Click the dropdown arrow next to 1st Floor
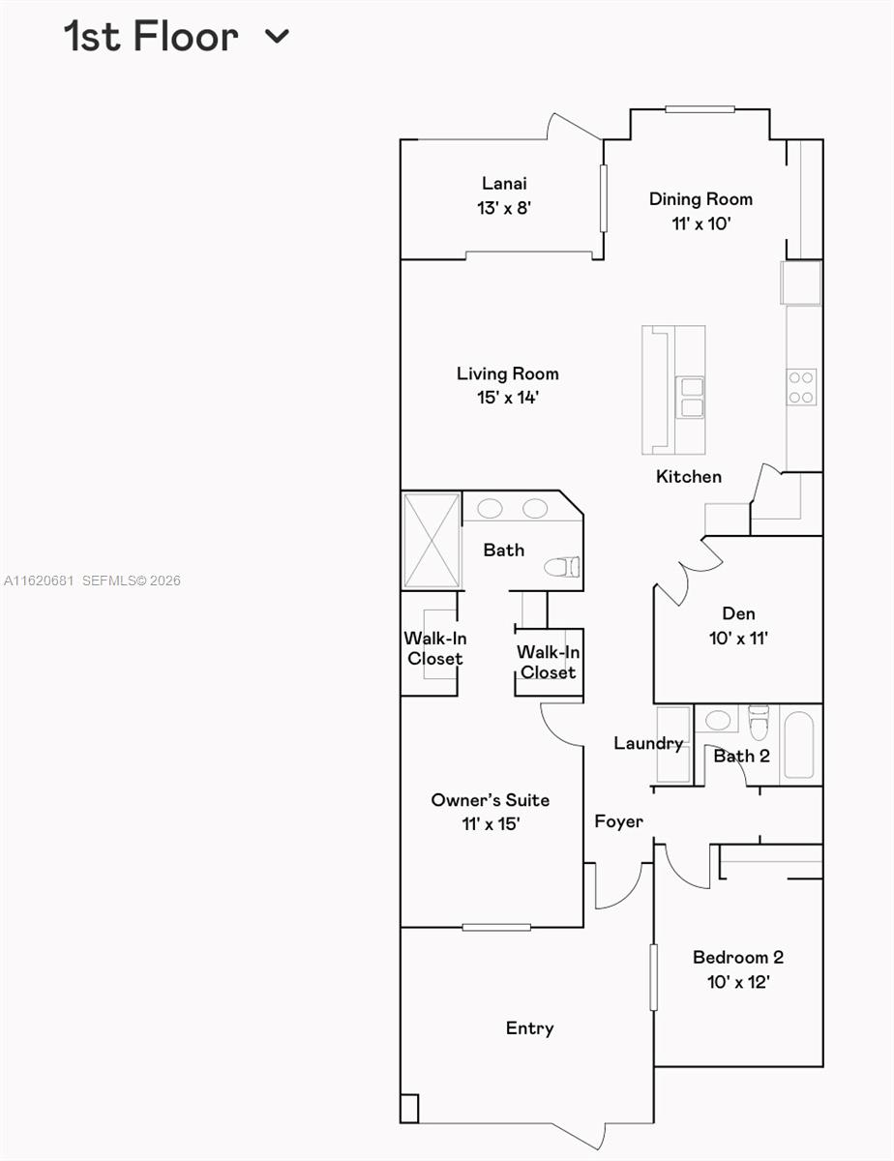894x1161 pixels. click(277, 37)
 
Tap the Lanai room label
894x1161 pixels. click(504, 183)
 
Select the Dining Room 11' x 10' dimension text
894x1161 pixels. click(701, 223)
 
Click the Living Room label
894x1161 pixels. click(507, 373)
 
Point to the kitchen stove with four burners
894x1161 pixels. click(801, 387)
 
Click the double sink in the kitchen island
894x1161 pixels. click(691, 398)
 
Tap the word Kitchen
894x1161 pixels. click(688, 476)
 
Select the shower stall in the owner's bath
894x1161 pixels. click(432, 541)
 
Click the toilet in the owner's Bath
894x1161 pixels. click(562, 566)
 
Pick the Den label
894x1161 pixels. click(738, 613)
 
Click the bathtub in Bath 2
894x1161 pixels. click(798, 745)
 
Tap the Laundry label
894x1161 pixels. click(648, 743)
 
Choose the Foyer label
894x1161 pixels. click(618, 821)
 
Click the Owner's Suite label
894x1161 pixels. click(490, 800)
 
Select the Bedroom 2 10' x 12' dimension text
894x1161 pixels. click(738, 982)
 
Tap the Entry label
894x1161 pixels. click(529, 1028)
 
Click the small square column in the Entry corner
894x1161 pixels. click(409, 1108)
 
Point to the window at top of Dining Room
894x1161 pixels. click(700, 109)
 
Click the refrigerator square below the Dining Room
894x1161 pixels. click(801, 283)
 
